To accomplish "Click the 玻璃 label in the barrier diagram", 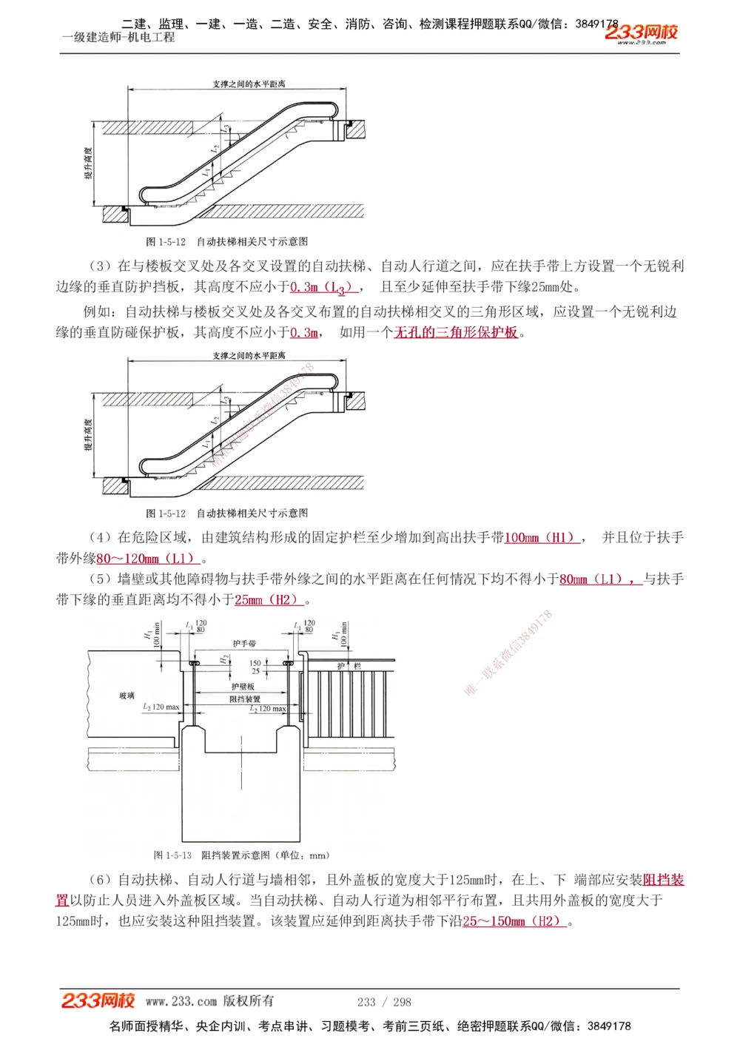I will click(x=127, y=696).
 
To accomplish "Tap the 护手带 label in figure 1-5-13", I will click(x=244, y=644).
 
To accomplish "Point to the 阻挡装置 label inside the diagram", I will click(x=245, y=698).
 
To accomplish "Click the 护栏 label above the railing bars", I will click(x=349, y=666).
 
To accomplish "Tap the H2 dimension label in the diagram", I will click(x=223, y=659).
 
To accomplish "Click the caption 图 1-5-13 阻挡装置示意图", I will click(x=241, y=855).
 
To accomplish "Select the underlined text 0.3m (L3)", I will click(x=324, y=287).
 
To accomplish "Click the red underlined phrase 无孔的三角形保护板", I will click(x=456, y=332).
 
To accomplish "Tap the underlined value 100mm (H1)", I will click(x=541, y=538).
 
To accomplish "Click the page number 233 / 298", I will click(x=384, y=1002).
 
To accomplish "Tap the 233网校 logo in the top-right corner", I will click(x=641, y=33).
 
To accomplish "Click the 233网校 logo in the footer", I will click(x=98, y=1001).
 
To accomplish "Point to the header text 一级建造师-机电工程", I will click(x=118, y=37).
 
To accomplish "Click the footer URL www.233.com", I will click(x=181, y=1002).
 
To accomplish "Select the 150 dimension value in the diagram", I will click(x=255, y=663).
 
